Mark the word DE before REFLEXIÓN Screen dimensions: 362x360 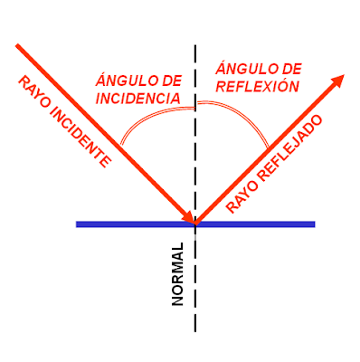click(x=284, y=70)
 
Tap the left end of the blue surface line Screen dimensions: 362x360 click(x=79, y=224)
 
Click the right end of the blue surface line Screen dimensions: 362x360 click(x=313, y=224)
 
